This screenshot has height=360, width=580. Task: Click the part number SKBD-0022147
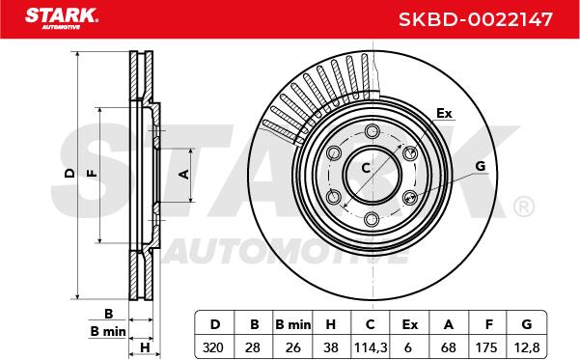pyautogui.click(x=476, y=19)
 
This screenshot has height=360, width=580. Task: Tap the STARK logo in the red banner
pyautogui.click(x=62, y=18)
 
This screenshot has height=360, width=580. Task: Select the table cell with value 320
pyautogui.click(x=213, y=347)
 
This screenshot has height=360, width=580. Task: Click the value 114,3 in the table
pyautogui.click(x=371, y=347)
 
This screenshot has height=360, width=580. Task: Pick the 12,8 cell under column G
pyautogui.click(x=527, y=347)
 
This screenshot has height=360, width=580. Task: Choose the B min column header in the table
pyautogui.click(x=293, y=324)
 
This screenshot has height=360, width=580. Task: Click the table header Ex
pyautogui.click(x=410, y=324)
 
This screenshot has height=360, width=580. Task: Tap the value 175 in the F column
pyautogui.click(x=486, y=347)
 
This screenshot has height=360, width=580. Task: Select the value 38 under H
pyautogui.click(x=331, y=347)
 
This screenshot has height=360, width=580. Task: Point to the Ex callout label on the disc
pyautogui.click(x=444, y=113)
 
